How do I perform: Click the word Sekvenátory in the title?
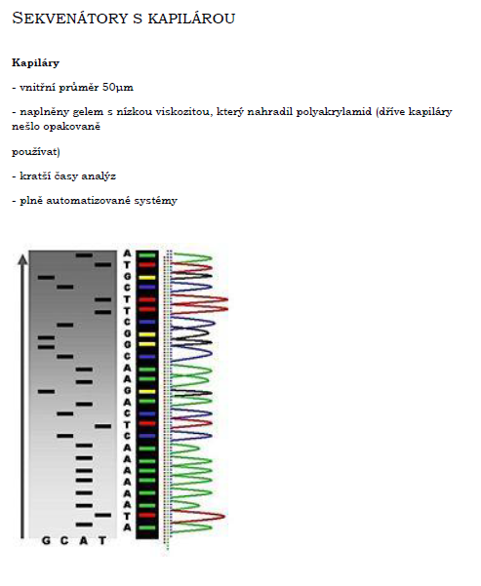click(70, 18)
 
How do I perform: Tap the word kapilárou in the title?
click(191, 18)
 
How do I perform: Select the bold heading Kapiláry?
click(35, 62)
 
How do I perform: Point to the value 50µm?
click(118, 88)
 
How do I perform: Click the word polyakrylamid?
click(334, 112)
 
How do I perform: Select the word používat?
click(34, 152)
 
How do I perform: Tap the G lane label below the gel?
click(46, 540)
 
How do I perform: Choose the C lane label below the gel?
click(64, 540)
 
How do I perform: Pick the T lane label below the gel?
click(102, 540)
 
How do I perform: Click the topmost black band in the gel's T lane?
click(102, 264)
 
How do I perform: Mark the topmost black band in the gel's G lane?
click(47, 277)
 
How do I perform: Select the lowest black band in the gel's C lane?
click(65, 436)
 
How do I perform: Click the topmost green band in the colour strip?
click(146, 255)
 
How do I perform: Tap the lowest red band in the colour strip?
click(146, 516)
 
